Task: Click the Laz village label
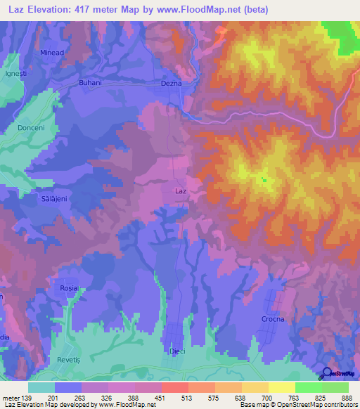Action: [180, 190]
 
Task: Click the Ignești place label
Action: [15, 72]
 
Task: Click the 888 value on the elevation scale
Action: [345, 398]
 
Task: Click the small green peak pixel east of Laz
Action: [264, 180]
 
